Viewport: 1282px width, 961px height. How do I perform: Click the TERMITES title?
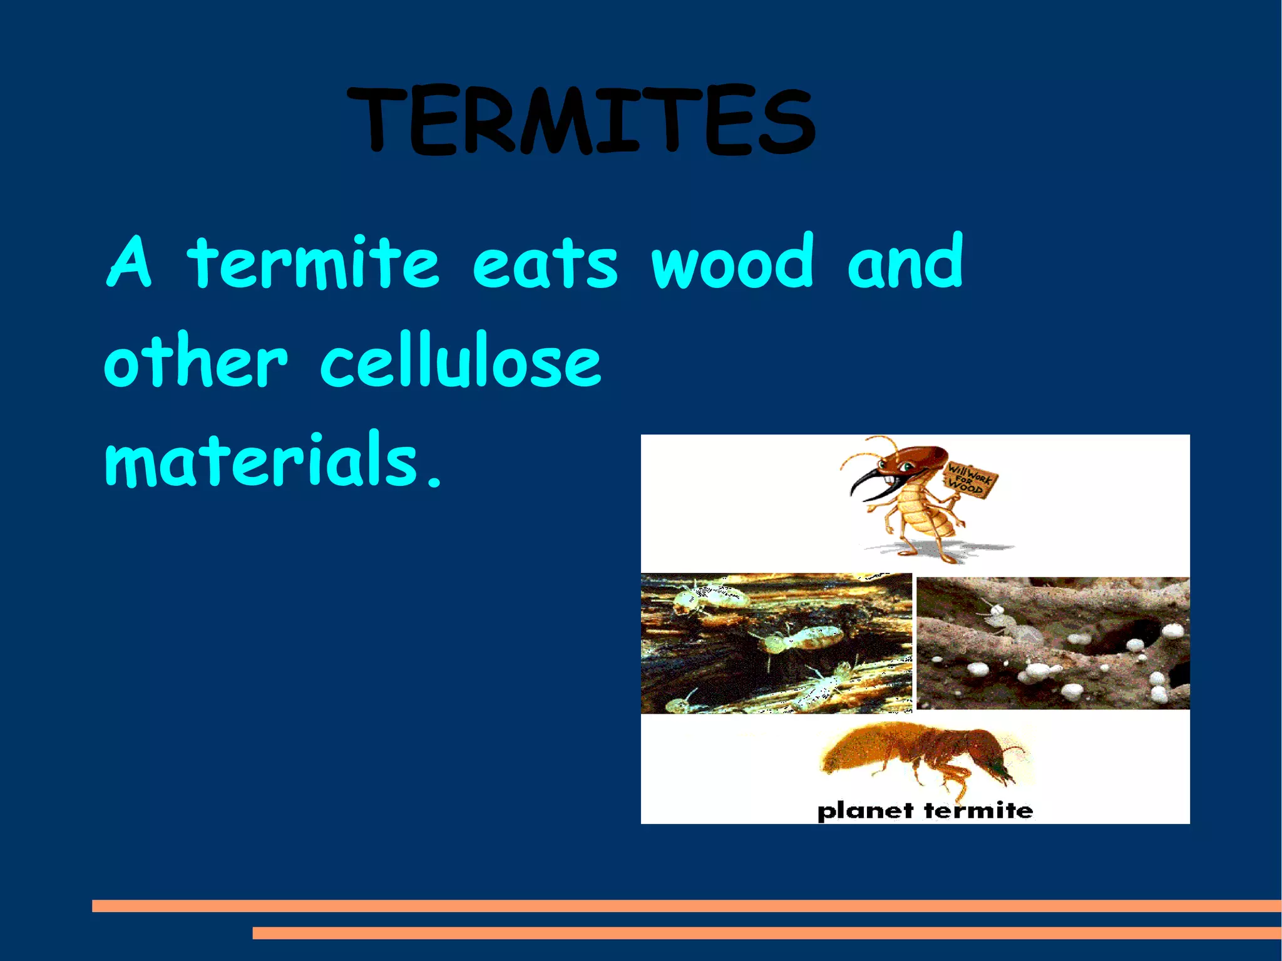point(581,120)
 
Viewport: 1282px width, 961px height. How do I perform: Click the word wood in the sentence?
point(732,263)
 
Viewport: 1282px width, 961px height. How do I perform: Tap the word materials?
point(262,460)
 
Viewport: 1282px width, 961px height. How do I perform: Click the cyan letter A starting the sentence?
point(130,263)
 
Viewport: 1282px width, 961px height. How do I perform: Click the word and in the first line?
point(905,263)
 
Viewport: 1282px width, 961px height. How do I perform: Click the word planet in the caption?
point(866,811)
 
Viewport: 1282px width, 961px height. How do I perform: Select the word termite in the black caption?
point(978,811)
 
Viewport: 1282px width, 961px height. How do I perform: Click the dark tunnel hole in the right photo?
point(1124,635)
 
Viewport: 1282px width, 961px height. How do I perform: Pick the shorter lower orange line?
point(766,933)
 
